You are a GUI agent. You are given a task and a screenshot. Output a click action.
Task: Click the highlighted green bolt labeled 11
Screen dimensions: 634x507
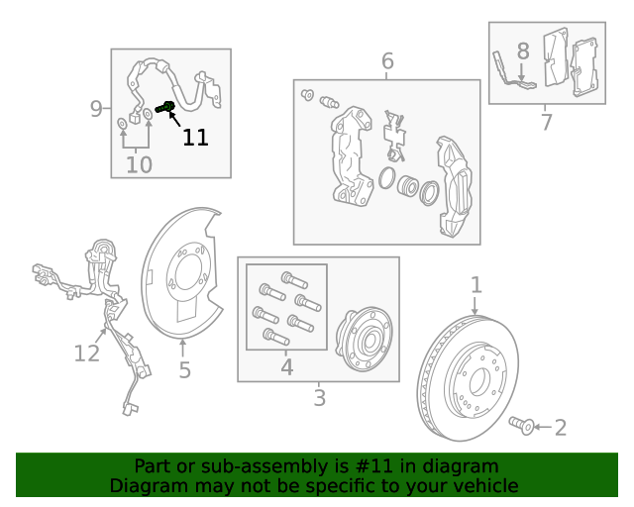coord(165,107)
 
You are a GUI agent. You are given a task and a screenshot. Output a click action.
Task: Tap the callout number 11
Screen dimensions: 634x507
coord(196,138)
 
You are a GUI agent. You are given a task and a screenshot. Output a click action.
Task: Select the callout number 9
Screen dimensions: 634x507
coord(96,109)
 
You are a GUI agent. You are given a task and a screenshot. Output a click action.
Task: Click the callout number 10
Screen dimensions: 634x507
coord(139,165)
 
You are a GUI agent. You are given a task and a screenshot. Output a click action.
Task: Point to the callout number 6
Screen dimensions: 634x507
coord(387,61)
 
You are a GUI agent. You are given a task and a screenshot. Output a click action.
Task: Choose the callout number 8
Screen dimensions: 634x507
coord(523,51)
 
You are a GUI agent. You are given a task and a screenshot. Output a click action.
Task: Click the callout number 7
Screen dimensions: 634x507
coord(546,122)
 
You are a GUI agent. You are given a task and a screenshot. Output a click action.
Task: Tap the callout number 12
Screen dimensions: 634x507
coord(87,354)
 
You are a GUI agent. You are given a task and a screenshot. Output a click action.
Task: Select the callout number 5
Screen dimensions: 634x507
coord(185,370)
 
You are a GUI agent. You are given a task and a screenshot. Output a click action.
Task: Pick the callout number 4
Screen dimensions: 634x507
coord(286,367)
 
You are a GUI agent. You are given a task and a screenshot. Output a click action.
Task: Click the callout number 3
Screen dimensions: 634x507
coord(319,398)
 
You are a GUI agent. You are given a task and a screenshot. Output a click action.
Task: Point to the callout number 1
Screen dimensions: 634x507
coord(476,285)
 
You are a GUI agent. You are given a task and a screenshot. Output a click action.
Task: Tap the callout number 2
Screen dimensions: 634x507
coord(561,428)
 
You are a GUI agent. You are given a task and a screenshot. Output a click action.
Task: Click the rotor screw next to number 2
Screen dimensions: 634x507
coord(522,425)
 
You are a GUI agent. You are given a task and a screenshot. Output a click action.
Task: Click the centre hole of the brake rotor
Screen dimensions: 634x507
coord(479,381)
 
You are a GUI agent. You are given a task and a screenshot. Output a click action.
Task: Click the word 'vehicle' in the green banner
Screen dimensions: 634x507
coord(491,485)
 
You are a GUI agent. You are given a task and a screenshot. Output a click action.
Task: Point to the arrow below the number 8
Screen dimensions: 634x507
coord(522,72)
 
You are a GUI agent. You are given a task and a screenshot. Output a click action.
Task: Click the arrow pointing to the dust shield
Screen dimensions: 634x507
coord(183,349)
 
